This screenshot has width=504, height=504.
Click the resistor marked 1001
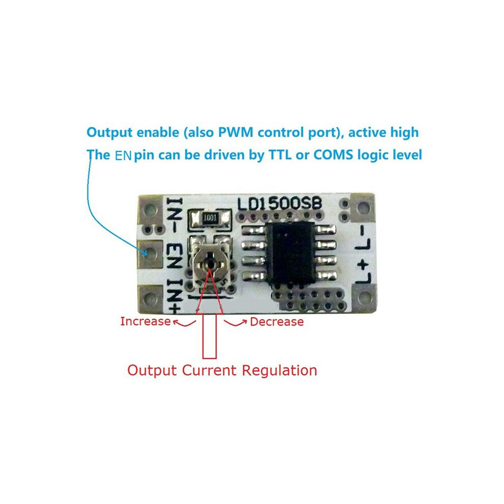click(x=211, y=218)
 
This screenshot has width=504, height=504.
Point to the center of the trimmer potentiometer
click(x=210, y=264)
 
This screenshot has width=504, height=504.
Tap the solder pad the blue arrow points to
click(x=150, y=254)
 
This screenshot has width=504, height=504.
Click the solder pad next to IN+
click(x=151, y=299)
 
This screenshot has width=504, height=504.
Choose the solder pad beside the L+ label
click(x=363, y=298)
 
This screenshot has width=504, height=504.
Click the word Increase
click(x=145, y=321)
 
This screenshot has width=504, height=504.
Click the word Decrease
click(x=277, y=322)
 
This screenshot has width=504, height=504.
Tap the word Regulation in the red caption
click(x=279, y=371)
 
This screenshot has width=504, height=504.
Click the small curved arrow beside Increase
click(x=184, y=323)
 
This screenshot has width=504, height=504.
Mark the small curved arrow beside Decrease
click(x=235, y=323)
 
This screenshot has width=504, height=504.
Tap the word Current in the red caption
click(x=209, y=370)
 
